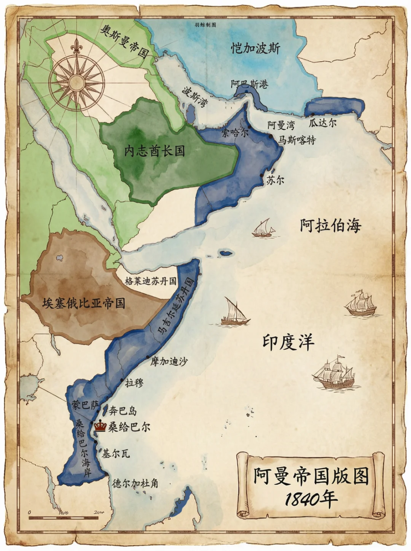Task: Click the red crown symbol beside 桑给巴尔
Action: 100,426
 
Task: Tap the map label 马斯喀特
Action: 297,140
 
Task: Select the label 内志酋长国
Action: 155,151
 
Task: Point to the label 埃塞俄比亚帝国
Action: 84,304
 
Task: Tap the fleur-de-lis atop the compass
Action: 76,46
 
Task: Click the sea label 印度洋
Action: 289,342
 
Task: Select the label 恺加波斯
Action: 255,49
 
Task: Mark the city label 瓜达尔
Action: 323,123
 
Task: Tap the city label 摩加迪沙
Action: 169,362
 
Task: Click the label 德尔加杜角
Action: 135,483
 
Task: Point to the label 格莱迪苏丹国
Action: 150,281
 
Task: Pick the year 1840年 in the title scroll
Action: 311,499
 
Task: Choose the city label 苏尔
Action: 275,180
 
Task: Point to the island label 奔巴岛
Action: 123,411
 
